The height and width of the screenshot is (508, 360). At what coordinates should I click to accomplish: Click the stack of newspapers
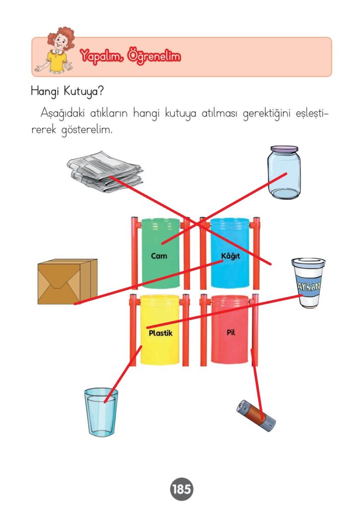click(105, 171)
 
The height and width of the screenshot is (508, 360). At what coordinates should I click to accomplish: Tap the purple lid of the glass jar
click(284, 150)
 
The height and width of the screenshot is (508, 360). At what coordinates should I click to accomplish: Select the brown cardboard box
click(67, 281)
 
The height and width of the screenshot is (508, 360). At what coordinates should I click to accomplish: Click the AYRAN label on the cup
click(309, 286)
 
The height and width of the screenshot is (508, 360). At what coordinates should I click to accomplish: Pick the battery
click(256, 416)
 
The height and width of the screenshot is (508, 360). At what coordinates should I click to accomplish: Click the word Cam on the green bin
click(159, 256)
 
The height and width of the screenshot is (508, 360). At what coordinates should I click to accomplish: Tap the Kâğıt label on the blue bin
click(231, 256)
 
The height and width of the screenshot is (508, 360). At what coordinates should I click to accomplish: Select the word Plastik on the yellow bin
click(161, 333)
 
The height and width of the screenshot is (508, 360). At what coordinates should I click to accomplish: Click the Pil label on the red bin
click(231, 332)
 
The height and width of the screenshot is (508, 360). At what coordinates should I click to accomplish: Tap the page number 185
click(181, 489)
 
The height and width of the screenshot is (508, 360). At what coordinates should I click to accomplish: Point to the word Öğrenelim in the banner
click(154, 57)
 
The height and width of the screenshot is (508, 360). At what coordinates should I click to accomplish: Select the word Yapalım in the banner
click(102, 57)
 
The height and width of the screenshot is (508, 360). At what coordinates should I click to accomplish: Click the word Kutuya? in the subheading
click(83, 91)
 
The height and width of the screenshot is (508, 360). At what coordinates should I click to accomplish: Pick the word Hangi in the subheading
click(45, 92)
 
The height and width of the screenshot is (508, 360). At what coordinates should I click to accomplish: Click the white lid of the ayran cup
click(308, 262)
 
